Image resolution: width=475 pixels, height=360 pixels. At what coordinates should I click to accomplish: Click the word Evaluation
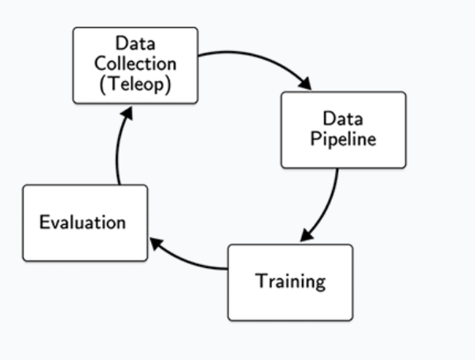pos(83,222)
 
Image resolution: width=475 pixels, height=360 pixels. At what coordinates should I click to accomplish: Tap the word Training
pos(290,281)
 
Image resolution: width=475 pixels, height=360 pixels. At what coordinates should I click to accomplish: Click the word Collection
pos(134,63)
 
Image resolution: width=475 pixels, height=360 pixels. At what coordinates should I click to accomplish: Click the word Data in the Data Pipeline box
pos(344,119)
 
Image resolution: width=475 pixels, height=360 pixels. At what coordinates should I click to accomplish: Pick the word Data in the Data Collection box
pos(134,43)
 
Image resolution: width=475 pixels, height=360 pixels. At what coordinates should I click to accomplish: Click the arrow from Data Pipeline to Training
pos(329,204)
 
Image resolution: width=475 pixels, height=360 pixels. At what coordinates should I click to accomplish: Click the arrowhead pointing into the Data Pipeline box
pos(306,84)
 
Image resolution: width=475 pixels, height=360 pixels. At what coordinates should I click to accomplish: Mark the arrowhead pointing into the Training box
pos(307,236)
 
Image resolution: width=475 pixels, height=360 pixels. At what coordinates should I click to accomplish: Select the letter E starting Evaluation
pos(44,222)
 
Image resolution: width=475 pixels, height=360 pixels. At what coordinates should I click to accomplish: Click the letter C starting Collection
pos(101,63)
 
